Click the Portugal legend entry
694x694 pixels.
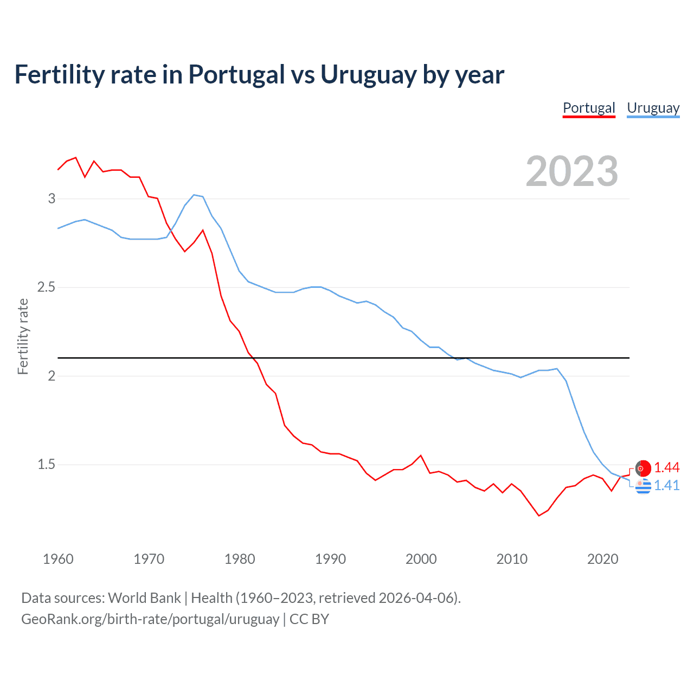click(589, 108)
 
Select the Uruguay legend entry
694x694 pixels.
click(653, 108)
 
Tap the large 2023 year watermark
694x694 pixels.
click(571, 171)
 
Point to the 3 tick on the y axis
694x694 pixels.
click(52, 198)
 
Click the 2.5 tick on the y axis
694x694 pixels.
click(47, 287)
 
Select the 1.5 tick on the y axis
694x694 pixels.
click(47, 464)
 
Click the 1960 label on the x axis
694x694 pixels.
click(58, 559)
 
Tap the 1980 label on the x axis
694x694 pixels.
click(240, 559)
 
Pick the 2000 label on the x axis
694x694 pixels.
click(421, 559)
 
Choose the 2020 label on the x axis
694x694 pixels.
click(602, 559)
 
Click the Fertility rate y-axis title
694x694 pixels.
click(23, 336)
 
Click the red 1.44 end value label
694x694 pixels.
click(666, 467)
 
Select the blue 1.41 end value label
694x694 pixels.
click(666, 485)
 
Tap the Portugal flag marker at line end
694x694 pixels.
click(643, 468)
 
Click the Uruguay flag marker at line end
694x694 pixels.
click(643, 486)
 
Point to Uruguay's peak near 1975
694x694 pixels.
click(194, 195)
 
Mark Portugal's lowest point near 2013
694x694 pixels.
click(539, 515)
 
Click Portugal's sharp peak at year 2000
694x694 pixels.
click(421, 455)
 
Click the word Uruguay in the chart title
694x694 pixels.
click(368, 75)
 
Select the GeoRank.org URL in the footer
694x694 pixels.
click(150, 619)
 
